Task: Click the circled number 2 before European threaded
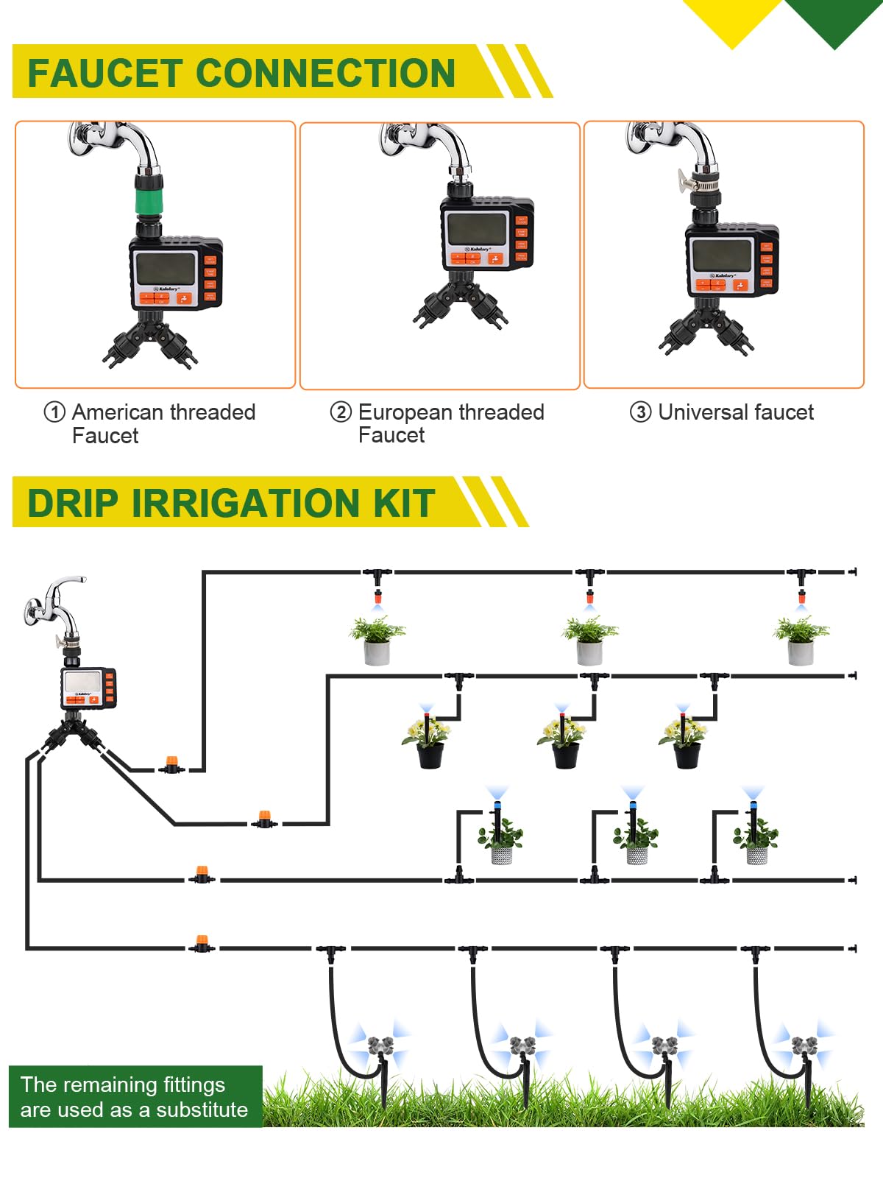341,412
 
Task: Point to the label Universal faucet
735,412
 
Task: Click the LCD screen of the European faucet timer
477,229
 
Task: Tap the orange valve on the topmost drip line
171,764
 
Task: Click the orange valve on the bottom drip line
201,943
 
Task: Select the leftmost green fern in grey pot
377,639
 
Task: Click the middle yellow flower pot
564,740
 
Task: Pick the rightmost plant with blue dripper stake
756,836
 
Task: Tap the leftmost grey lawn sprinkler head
380,1045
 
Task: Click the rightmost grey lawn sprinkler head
804,1045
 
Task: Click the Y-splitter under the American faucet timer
150,339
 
